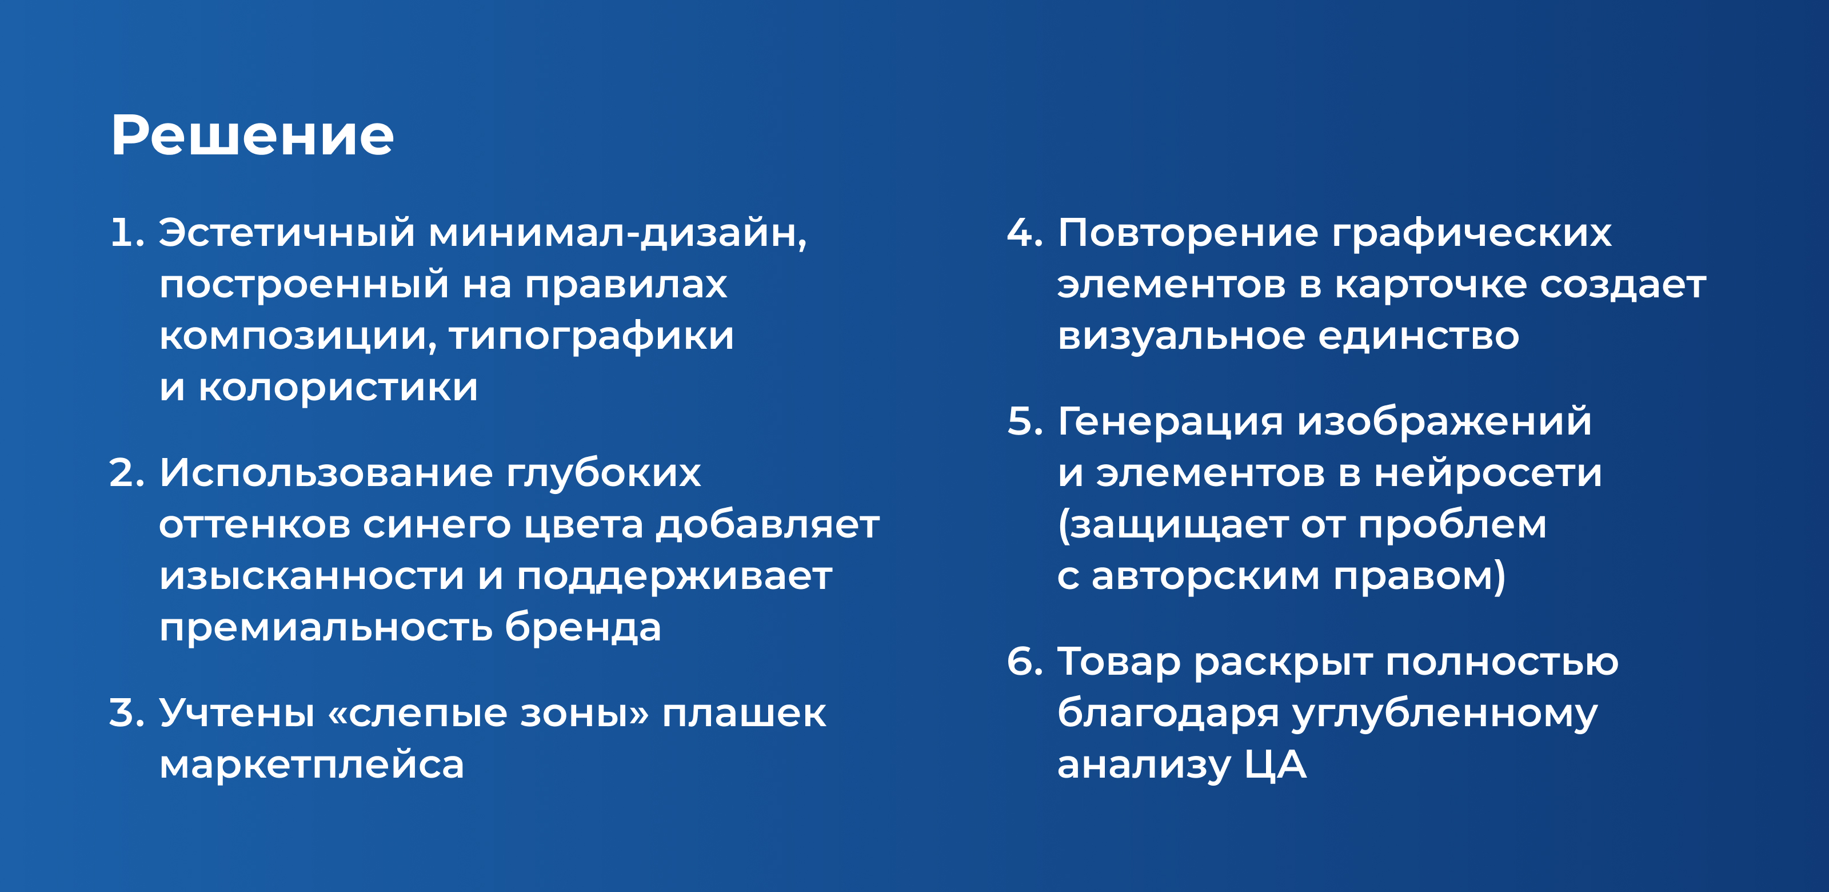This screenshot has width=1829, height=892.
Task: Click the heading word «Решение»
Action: click(x=252, y=135)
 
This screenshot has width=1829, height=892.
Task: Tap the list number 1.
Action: click(x=127, y=233)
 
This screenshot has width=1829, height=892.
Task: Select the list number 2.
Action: click(x=126, y=473)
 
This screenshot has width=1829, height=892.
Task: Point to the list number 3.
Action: click(x=126, y=713)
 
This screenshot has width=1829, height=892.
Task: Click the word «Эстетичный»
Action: click(x=287, y=233)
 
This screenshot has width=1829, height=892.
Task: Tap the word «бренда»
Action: click(x=583, y=627)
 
